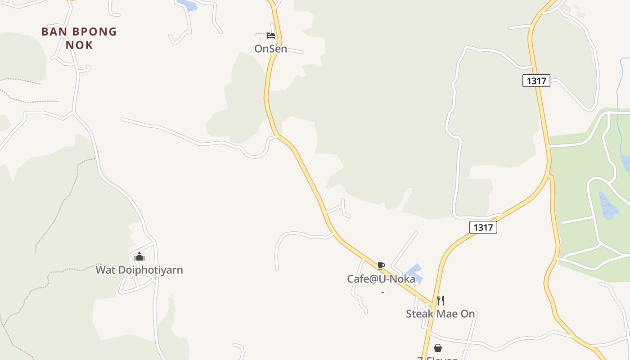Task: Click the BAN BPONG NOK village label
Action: [79, 38]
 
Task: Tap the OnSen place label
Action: [270, 49]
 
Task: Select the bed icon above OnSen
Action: [270, 36]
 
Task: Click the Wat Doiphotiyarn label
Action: [139, 270]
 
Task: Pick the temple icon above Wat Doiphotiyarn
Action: [139, 257]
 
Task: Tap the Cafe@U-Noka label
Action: [381, 279]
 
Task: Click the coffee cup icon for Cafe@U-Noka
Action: [381, 265]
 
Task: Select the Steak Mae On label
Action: [440, 314]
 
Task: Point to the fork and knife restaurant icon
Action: [441, 301]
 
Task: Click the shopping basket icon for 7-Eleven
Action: [437, 348]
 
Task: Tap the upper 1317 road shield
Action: [536, 81]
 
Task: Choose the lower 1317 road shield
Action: [483, 227]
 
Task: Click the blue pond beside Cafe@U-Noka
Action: [415, 273]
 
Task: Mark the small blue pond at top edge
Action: [188, 5]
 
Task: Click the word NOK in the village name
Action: [79, 45]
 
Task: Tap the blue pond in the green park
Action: [608, 206]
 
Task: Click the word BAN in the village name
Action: [51, 32]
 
